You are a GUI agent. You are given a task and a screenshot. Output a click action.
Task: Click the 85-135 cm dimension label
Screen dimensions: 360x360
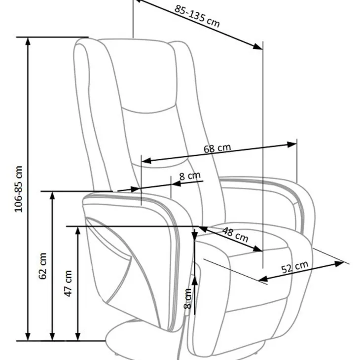point(197,16)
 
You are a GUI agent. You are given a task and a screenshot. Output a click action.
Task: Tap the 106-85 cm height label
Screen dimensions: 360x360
point(19,189)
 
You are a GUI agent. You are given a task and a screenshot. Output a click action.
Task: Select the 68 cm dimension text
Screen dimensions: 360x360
point(217,148)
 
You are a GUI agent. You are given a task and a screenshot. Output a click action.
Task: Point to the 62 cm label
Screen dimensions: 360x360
point(43,266)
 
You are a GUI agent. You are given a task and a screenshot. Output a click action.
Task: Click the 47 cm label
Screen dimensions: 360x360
point(69,284)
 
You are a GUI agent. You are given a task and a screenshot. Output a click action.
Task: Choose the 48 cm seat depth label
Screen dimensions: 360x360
point(235,235)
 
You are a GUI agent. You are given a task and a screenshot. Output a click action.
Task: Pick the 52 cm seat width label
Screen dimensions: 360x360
point(295,267)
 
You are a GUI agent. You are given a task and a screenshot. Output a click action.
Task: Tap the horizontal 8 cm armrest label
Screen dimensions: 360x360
point(190,176)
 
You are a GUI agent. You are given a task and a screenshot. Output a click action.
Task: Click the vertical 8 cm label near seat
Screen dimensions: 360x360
point(188,299)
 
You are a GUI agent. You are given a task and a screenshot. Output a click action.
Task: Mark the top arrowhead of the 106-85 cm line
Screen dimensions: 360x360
point(28,41)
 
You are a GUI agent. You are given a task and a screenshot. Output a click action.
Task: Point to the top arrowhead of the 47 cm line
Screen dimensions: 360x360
point(78,230)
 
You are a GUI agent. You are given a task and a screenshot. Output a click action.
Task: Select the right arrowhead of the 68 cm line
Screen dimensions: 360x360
point(292,144)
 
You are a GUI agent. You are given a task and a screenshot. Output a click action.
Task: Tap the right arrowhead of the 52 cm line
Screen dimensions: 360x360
point(339,263)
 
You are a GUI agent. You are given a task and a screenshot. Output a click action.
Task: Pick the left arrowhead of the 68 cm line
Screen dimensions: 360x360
point(146,160)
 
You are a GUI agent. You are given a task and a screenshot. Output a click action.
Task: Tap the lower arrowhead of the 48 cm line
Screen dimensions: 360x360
point(257,249)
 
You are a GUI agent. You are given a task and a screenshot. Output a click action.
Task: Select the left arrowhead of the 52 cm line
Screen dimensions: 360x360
point(263,279)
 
